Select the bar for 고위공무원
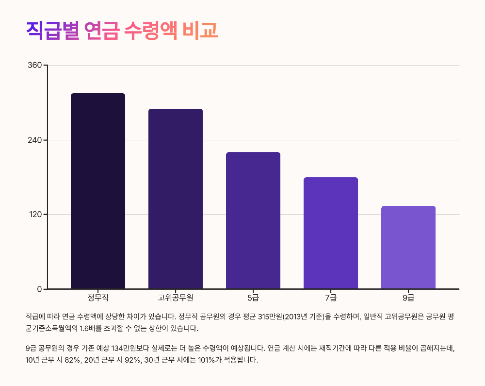click(176, 199)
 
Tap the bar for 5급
click(253, 220)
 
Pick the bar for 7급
click(331, 233)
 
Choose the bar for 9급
click(408, 247)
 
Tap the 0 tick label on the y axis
click(40, 289)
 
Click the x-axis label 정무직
click(98, 297)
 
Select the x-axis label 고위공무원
click(176, 297)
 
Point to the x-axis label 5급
click(253, 297)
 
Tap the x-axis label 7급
click(331, 297)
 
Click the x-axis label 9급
click(408, 297)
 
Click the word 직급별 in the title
click(52, 30)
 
